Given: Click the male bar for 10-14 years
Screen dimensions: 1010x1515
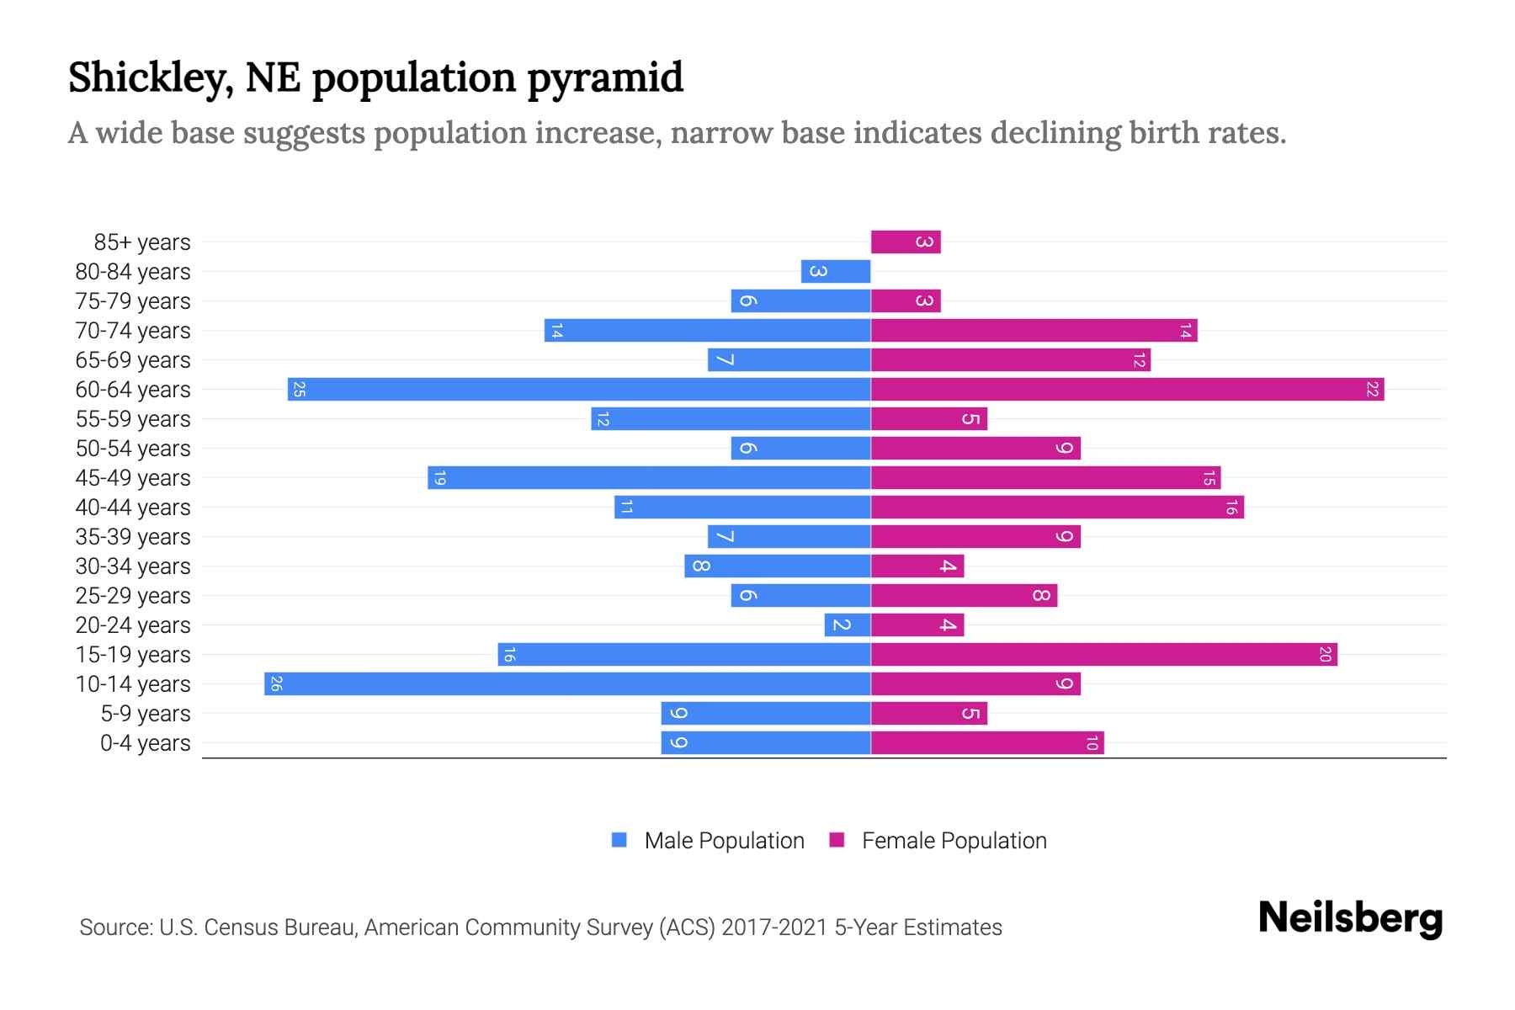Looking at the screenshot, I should (x=567, y=683).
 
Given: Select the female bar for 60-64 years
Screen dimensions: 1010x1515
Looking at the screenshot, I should (x=1127, y=389).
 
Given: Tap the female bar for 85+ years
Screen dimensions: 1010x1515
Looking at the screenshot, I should (x=906, y=242).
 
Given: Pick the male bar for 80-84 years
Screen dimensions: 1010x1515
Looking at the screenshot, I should (x=836, y=271).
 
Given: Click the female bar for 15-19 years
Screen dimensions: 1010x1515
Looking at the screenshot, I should (x=1103, y=654).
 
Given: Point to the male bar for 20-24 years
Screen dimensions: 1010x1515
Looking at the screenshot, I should (x=848, y=625).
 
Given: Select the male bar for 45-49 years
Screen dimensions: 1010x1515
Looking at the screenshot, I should (x=649, y=477).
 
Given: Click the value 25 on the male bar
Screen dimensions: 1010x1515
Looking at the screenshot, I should (x=299, y=390).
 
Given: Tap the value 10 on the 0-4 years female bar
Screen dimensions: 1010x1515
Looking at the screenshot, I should (x=1092, y=743).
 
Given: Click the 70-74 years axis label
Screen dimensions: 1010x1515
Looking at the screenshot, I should (x=133, y=331).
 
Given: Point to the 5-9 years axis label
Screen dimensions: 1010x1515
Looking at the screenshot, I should (x=146, y=714).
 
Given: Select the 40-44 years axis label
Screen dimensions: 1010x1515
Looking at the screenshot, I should (x=133, y=508).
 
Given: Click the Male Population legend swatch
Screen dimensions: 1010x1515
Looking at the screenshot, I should (x=619, y=840).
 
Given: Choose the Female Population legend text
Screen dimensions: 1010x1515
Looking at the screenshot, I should (x=954, y=841).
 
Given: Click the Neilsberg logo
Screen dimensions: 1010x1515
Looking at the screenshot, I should (x=1350, y=917).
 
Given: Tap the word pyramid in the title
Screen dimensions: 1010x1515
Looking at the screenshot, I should (x=605, y=77).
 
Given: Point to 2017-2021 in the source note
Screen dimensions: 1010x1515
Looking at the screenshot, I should (x=774, y=928).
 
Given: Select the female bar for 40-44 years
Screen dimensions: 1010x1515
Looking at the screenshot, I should (x=1057, y=507).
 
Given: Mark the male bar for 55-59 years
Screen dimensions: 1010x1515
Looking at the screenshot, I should (x=731, y=418).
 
